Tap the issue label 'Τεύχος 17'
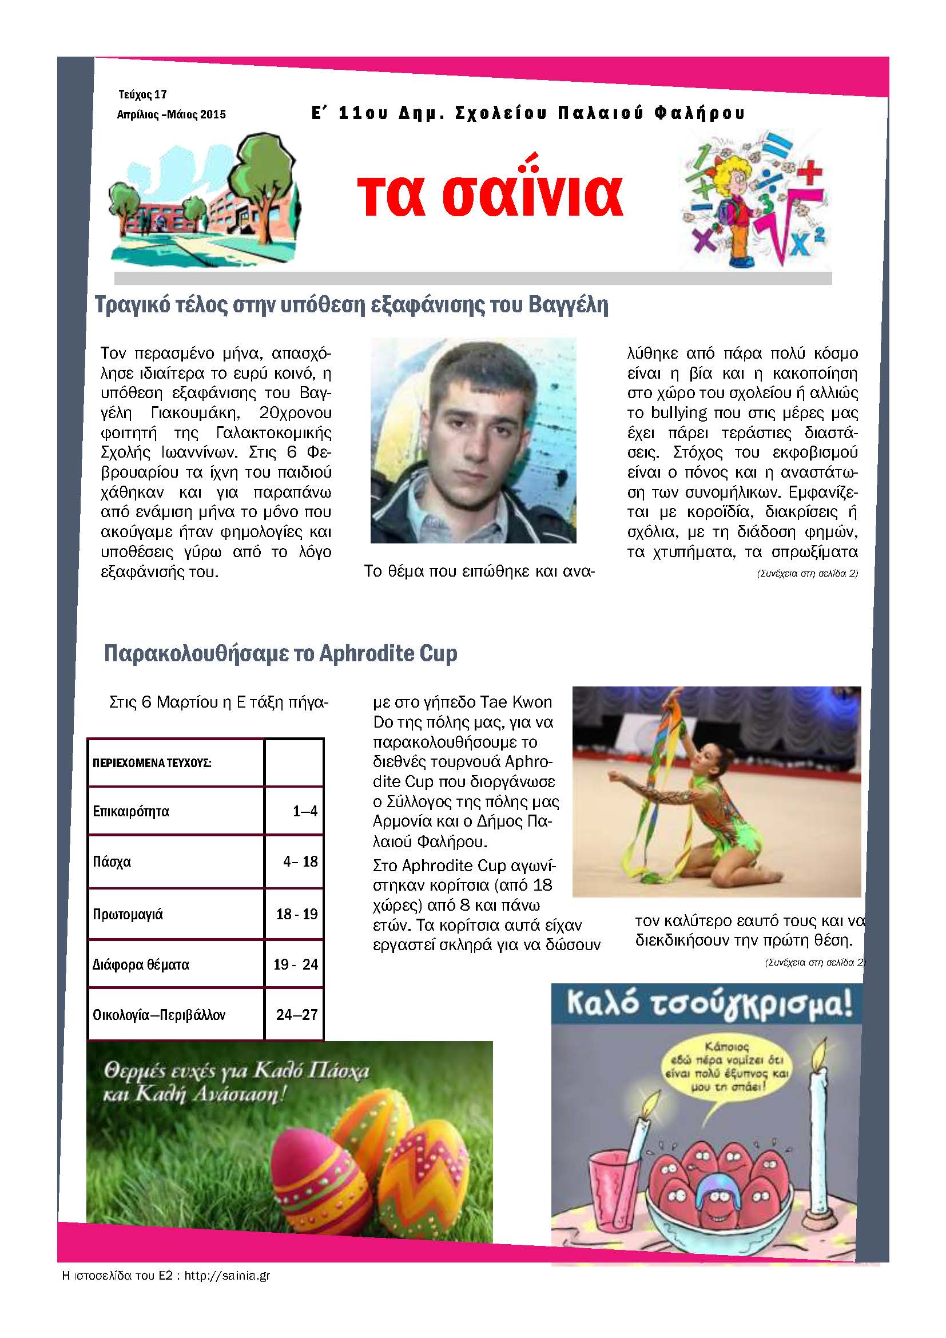(x=143, y=94)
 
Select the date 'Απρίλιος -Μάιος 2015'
(x=171, y=114)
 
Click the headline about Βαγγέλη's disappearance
(x=351, y=305)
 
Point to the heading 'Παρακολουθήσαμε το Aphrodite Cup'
(x=280, y=653)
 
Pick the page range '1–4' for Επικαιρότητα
(x=305, y=811)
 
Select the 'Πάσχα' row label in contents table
(x=112, y=861)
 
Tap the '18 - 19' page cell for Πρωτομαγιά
(x=296, y=914)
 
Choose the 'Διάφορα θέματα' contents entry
(x=141, y=964)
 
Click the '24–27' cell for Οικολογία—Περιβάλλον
(x=296, y=1015)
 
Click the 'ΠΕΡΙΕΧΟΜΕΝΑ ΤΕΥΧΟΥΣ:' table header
(x=152, y=763)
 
